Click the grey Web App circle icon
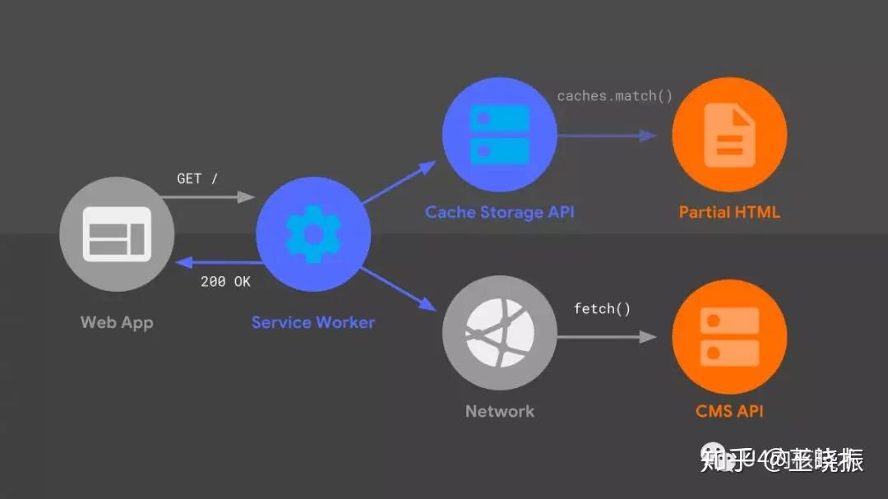118,233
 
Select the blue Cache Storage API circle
499,134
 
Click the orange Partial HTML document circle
729,134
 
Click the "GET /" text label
197,178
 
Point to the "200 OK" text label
225,281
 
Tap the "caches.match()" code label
614,96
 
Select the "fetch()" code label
602,309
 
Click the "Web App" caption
117,322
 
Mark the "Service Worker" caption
313,322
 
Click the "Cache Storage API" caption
499,212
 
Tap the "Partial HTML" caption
729,212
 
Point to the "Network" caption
499,411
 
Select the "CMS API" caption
729,411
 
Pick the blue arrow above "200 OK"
217,263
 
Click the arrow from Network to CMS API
607,336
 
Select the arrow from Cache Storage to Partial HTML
607,136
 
